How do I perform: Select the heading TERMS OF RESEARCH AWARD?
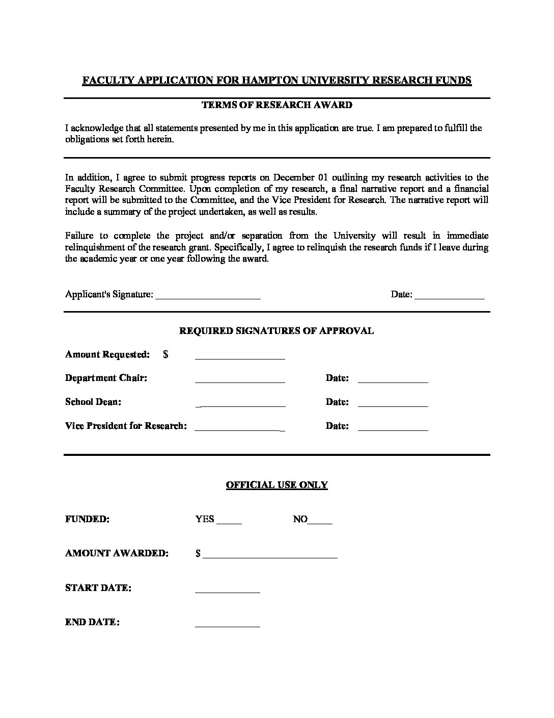click(277, 105)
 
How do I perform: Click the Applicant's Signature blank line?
click(208, 295)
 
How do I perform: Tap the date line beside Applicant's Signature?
click(450, 295)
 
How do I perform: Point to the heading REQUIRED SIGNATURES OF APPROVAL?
click(276, 330)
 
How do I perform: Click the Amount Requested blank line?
click(240, 355)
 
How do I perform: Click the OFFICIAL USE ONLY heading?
click(276, 485)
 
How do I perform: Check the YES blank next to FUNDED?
click(229, 520)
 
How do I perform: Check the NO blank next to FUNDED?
click(320, 520)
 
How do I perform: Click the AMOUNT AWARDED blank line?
click(270, 554)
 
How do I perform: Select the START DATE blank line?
click(228, 589)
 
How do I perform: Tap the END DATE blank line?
click(228, 623)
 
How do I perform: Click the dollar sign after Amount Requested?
click(166, 354)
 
